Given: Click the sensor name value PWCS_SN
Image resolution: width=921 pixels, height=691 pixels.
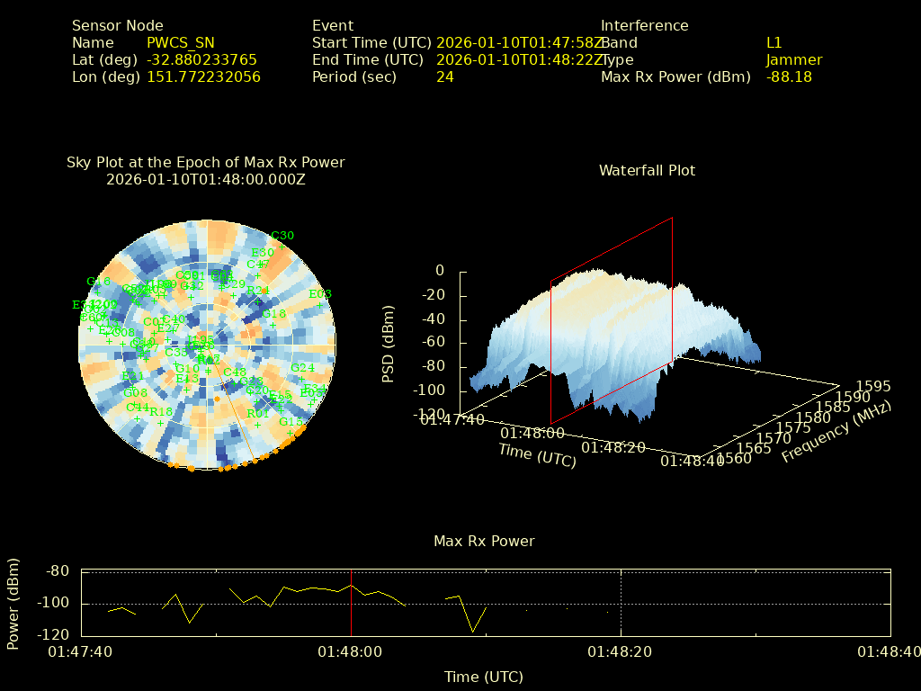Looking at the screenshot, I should click(181, 42).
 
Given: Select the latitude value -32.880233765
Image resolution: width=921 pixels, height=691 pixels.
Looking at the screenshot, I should click(201, 59).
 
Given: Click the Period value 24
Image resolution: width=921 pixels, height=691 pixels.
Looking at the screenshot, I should click(444, 76).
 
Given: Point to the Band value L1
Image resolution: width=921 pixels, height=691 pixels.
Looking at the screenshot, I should click(773, 42).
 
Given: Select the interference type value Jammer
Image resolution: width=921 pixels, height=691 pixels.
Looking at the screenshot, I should click(793, 59).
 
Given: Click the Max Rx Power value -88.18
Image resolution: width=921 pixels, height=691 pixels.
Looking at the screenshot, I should click(789, 76).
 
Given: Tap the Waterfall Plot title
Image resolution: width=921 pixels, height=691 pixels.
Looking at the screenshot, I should click(647, 170).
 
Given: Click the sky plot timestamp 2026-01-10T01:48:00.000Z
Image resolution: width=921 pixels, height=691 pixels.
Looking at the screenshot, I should click(206, 179).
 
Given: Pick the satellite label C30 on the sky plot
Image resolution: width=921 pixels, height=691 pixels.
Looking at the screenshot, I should click(282, 236).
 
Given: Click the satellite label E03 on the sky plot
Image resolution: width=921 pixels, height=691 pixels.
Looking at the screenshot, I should click(320, 293).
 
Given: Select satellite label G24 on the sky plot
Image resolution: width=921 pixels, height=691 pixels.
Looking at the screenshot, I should click(302, 367).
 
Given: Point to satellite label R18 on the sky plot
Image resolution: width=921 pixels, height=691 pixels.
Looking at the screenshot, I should click(161, 411).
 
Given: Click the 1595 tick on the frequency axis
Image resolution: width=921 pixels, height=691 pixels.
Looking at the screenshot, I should click(874, 386).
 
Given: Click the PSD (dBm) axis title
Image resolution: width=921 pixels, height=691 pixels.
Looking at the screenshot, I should click(389, 342).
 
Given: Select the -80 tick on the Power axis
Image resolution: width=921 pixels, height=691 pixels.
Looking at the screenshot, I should click(58, 570).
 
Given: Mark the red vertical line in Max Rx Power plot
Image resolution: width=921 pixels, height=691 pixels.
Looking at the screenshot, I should click(351, 603).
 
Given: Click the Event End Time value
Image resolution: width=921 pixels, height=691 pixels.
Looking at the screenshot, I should click(520, 59).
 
